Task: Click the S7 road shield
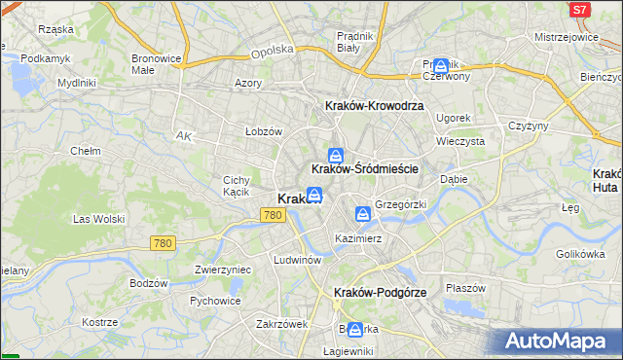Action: (580, 10)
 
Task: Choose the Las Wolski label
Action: (95, 219)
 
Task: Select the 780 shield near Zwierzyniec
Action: (163, 243)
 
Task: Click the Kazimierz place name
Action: (357, 238)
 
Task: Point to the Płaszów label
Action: (464, 288)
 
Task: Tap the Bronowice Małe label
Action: (157, 64)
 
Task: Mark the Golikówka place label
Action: (575, 254)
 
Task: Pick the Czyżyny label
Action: (530, 126)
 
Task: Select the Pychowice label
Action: (215, 301)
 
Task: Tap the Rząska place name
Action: (55, 29)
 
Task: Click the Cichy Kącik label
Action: (238, 186)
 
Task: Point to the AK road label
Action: (183, 136)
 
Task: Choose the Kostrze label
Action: (99, 322)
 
